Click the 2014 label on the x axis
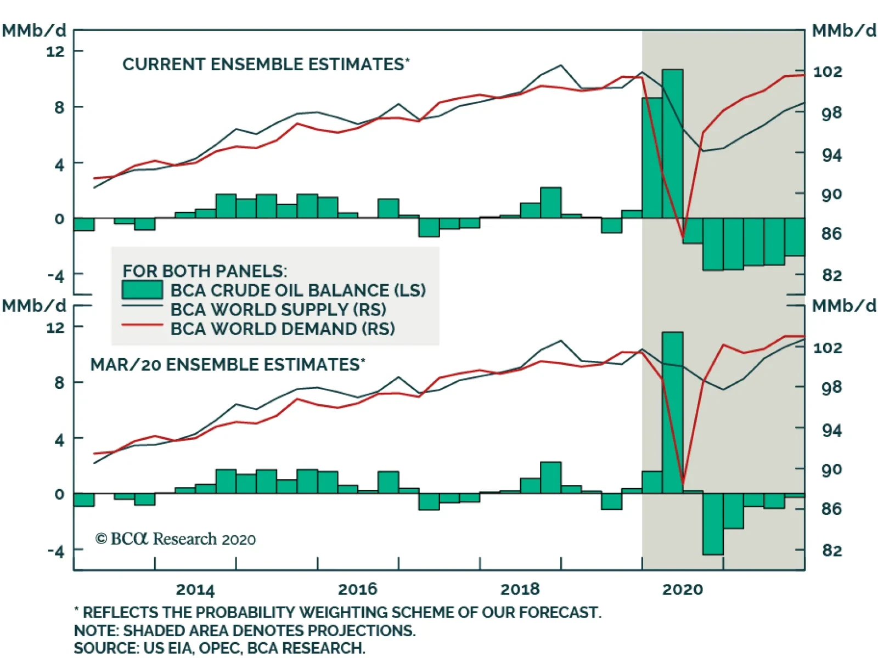click(195, 590)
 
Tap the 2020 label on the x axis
click(682, 590)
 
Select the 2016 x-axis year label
click(358, 590)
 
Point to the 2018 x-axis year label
click(520, 590)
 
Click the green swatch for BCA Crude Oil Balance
click(142, 290)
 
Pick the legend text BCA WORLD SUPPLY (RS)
click(278, 309)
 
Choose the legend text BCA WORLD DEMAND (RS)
click(283, 329)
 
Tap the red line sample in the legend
click(142, 325)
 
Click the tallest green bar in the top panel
click(672, 144)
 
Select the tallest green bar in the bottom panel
click(672, 412)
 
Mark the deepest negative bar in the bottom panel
click(713, 524)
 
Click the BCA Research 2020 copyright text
click(176, 539)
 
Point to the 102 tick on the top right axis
click(827, 72)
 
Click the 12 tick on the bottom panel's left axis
click(55, 327)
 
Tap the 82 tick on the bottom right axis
click(831, 550)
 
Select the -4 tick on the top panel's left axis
click(55, 275)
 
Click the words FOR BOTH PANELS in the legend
click(205, 271)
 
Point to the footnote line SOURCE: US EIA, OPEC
click(219, 648)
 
